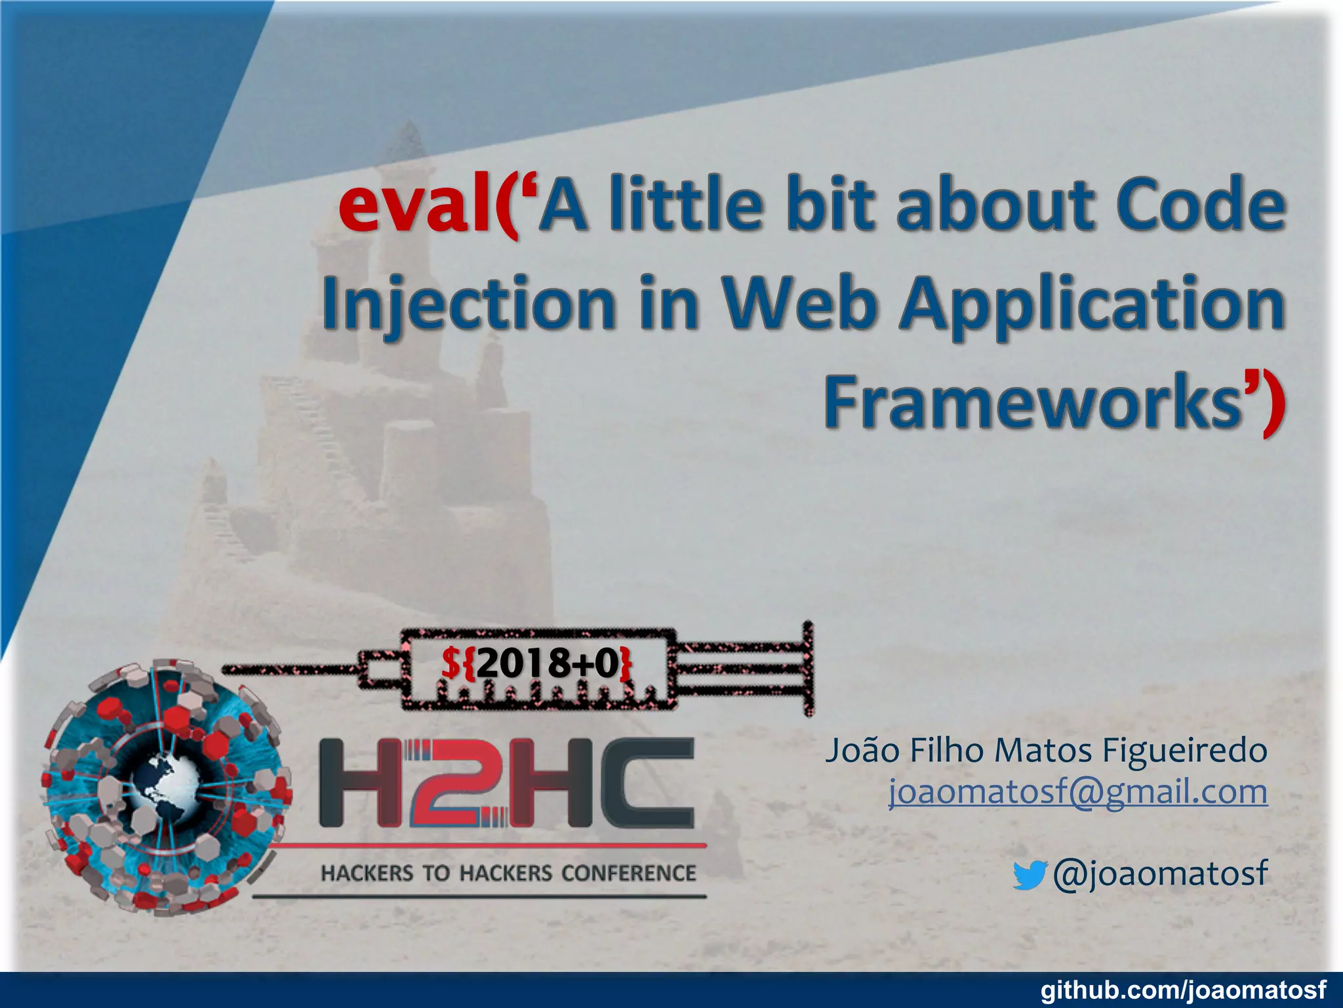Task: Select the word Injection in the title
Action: (469, 303)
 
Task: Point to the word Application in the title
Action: (1092, 303)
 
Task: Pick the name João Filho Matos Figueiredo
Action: (1045, 751)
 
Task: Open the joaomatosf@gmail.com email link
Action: (1077, 792)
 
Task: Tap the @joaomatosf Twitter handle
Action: (1159, 873)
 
